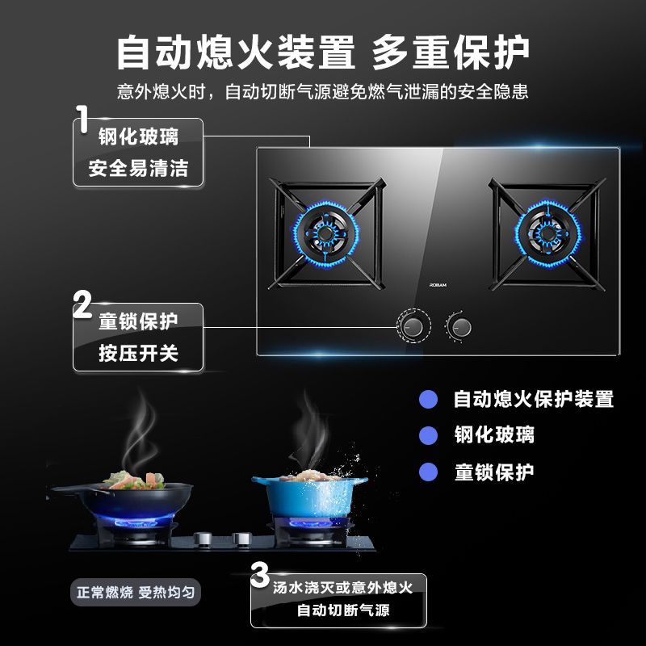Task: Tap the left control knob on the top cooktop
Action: coord(413,327)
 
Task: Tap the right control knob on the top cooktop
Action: coord(461,327)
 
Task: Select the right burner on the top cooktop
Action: coord(547,233)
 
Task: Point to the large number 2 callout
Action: coord(82,305)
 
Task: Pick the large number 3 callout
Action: coord(259,577)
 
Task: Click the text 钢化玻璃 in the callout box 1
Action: coord(138,136)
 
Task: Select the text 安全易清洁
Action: coord(138,169)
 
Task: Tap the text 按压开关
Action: coord(138,353)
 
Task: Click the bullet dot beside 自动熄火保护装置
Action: coord(428,399)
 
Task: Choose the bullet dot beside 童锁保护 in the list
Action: coord(428,472)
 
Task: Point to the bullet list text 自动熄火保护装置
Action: coord(534,399)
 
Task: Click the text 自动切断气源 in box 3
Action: coord(343,610)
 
